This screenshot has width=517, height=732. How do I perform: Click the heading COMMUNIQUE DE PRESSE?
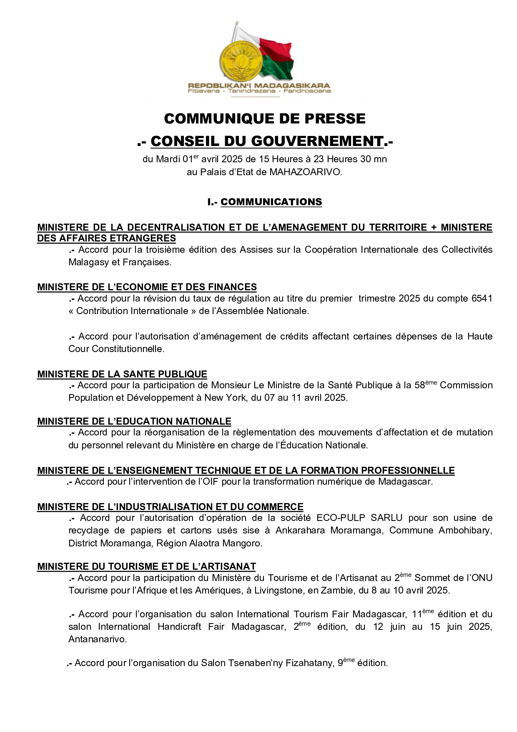[265, 119]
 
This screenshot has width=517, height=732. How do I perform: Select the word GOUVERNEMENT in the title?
[317, 141]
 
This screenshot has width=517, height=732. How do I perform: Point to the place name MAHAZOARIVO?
[305, 172]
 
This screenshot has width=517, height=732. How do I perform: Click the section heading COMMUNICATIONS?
[271, 202]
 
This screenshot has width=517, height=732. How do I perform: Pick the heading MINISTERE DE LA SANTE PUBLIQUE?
[122, 374]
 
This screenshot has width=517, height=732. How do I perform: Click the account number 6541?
[482, 298]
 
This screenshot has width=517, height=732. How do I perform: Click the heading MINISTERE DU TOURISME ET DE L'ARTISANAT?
[146, 566]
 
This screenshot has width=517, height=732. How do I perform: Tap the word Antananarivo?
[97, 639]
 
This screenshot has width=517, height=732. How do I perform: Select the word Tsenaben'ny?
[255, 663]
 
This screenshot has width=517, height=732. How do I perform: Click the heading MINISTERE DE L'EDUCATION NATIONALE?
[134, 421]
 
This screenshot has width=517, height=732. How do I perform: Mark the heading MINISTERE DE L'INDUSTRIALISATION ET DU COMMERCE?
[170, 507]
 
